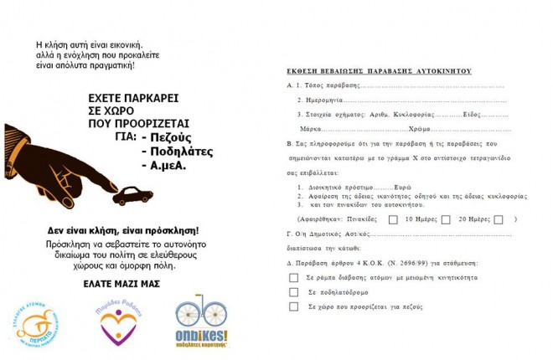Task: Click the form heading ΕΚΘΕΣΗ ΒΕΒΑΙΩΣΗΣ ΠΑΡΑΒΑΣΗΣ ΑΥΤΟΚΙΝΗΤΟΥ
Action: (x=379, y=71)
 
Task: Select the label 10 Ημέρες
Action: (x=421, y=219)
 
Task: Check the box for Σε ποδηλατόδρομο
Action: (x=293, y=291)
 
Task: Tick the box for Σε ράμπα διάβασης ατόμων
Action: (x=293, y=277)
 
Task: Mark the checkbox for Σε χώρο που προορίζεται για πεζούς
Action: (x=293, y=306)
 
